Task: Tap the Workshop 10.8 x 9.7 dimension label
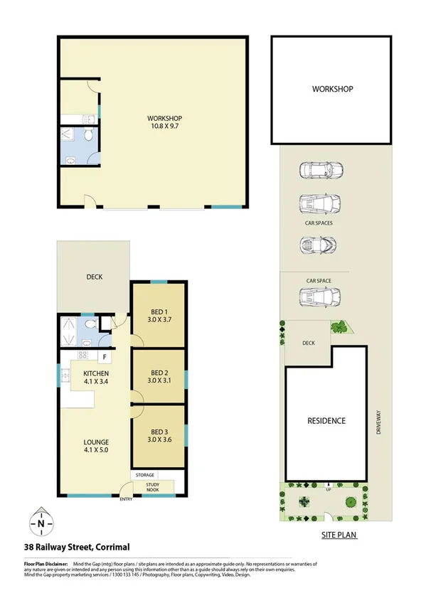pos(165,123)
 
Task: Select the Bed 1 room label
pos(159,316)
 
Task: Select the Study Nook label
pos(152,487)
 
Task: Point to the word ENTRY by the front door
pos(127,499)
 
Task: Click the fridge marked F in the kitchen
pos(105,356)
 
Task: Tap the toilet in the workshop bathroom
pos(87,135)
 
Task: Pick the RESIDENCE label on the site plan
pos(326,420)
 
